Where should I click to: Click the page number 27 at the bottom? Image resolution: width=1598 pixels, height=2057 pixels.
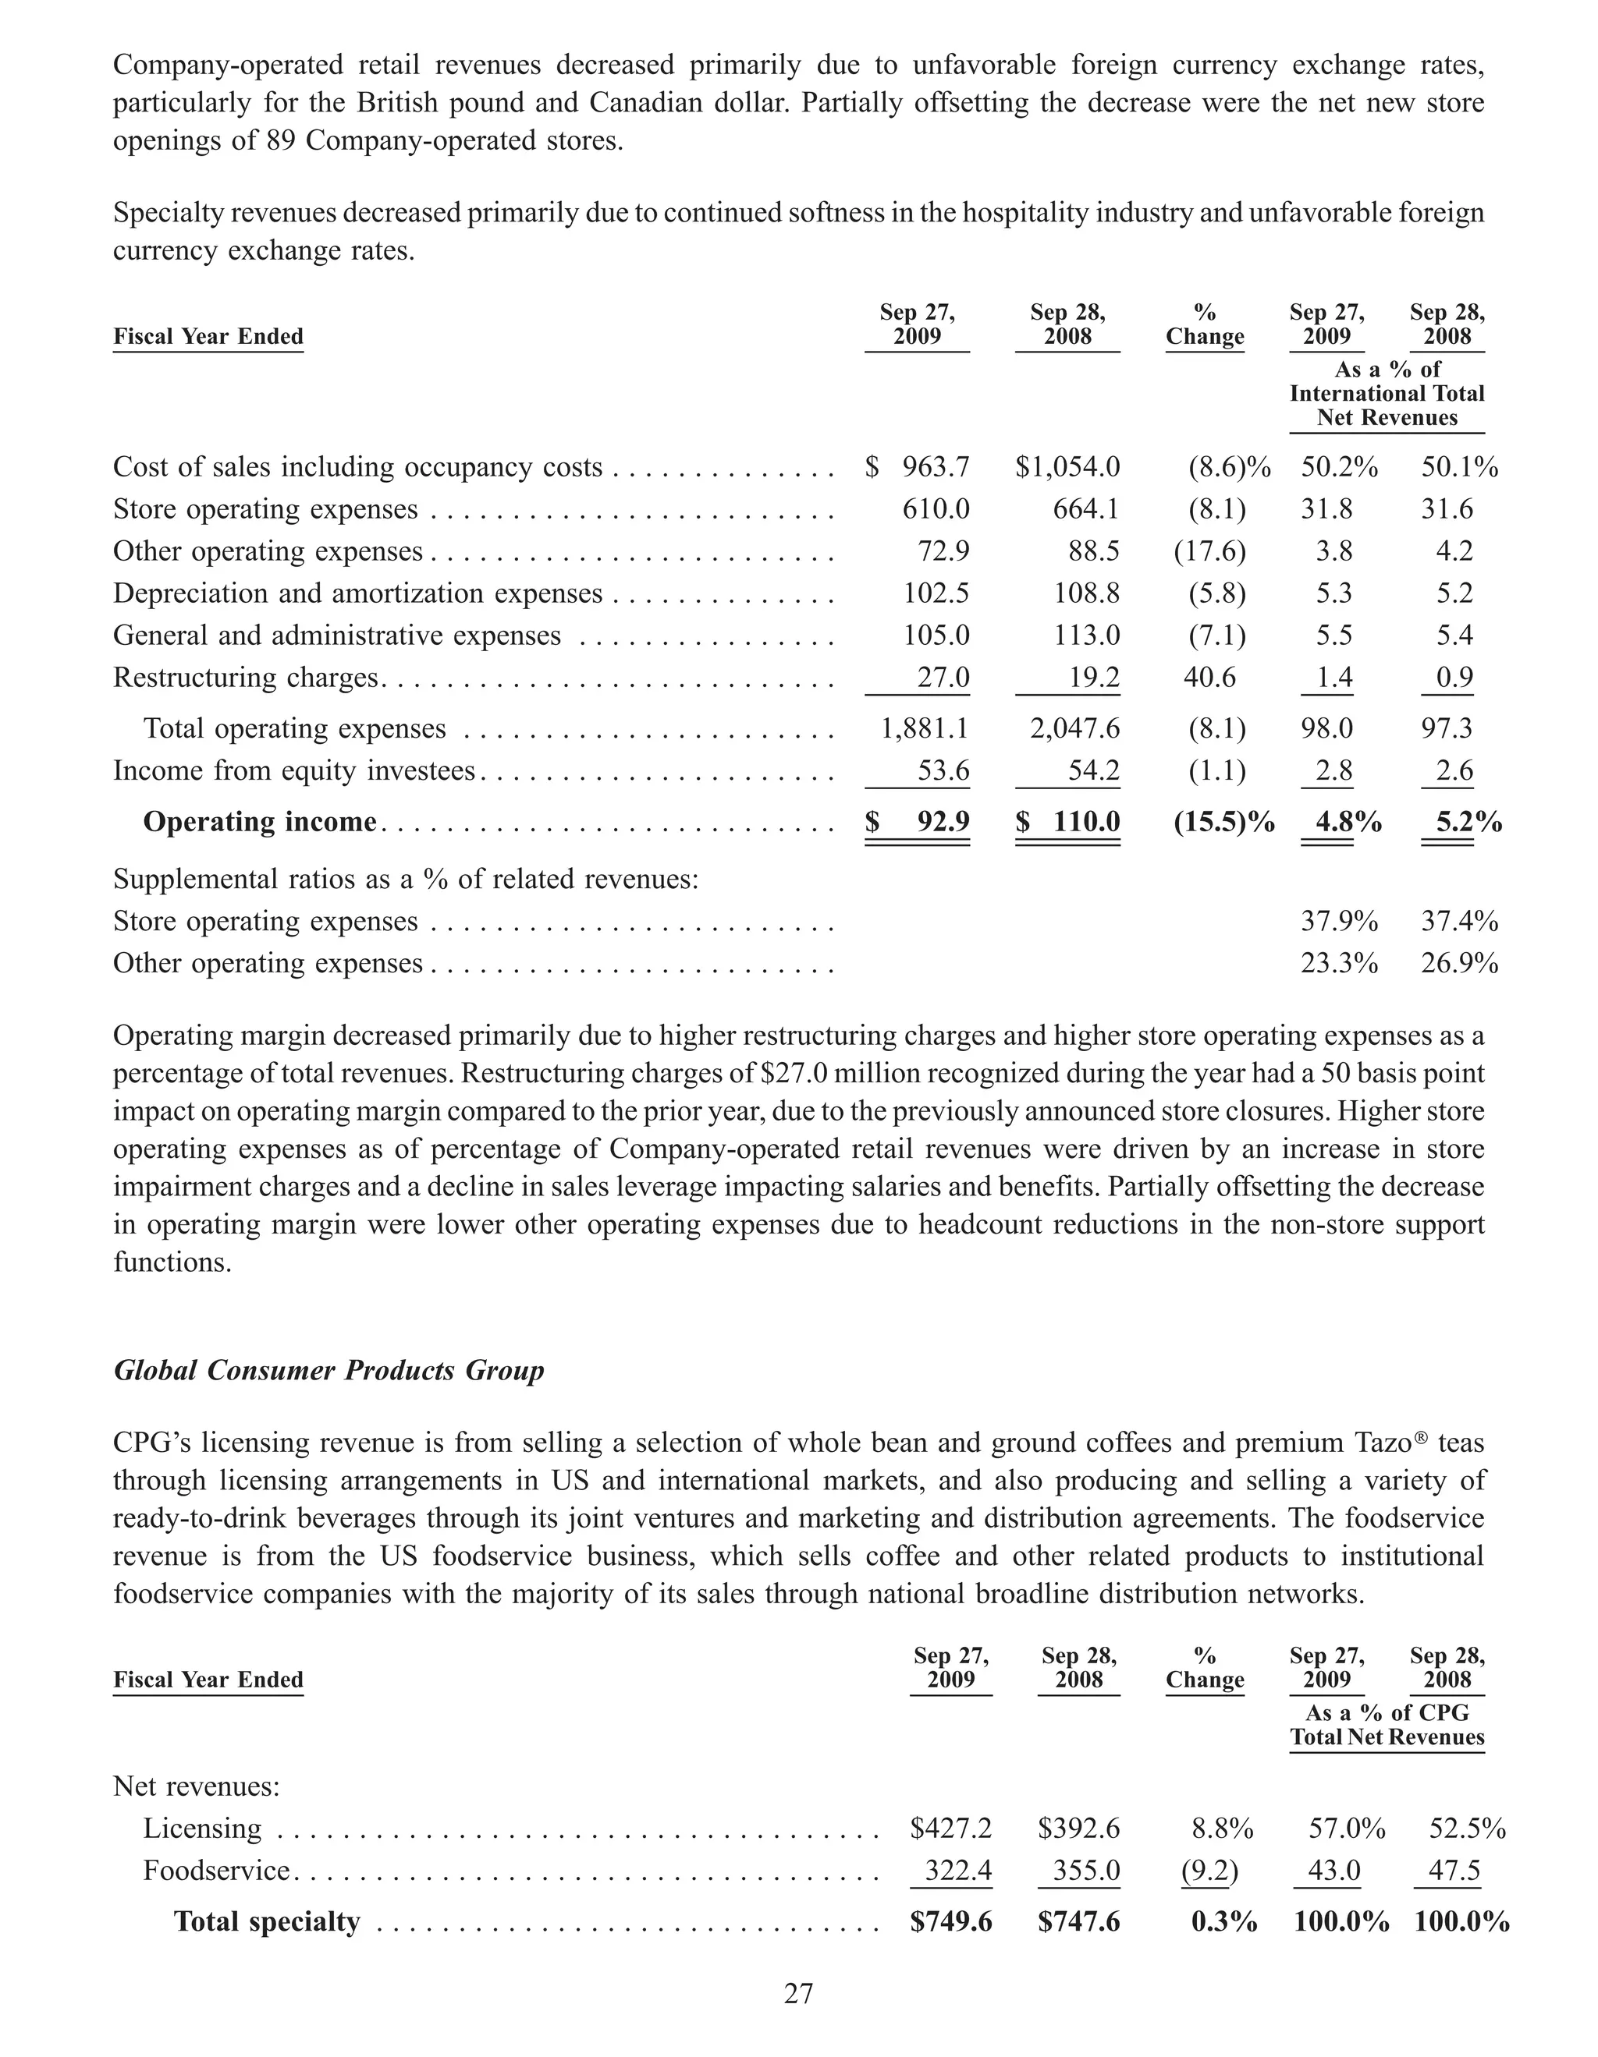pyautogui.click(x=798, y=1994)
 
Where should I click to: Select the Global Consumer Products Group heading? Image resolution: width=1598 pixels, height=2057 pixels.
pyautogui.click(x=328, y=1370)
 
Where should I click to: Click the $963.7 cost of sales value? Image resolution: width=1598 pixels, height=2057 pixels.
pyautogui.click(x=918, y=467)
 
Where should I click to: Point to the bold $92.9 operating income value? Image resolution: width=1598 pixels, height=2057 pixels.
pyautogui.click(x=918, y=822)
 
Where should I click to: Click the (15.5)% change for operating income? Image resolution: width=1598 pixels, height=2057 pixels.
pyautogui.click(x=1223, y=822)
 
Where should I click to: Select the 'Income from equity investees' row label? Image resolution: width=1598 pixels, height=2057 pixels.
pyautogui.click(x=294, y=770)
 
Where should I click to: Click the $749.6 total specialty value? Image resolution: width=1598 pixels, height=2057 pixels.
pyautogui.click(x=950, y=1921)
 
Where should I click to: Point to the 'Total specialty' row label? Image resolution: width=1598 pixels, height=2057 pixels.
pyautogui.click(x=267, y=1921)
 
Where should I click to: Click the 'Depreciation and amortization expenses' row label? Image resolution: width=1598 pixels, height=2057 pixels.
pyautogui.click(x=357, y=593)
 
